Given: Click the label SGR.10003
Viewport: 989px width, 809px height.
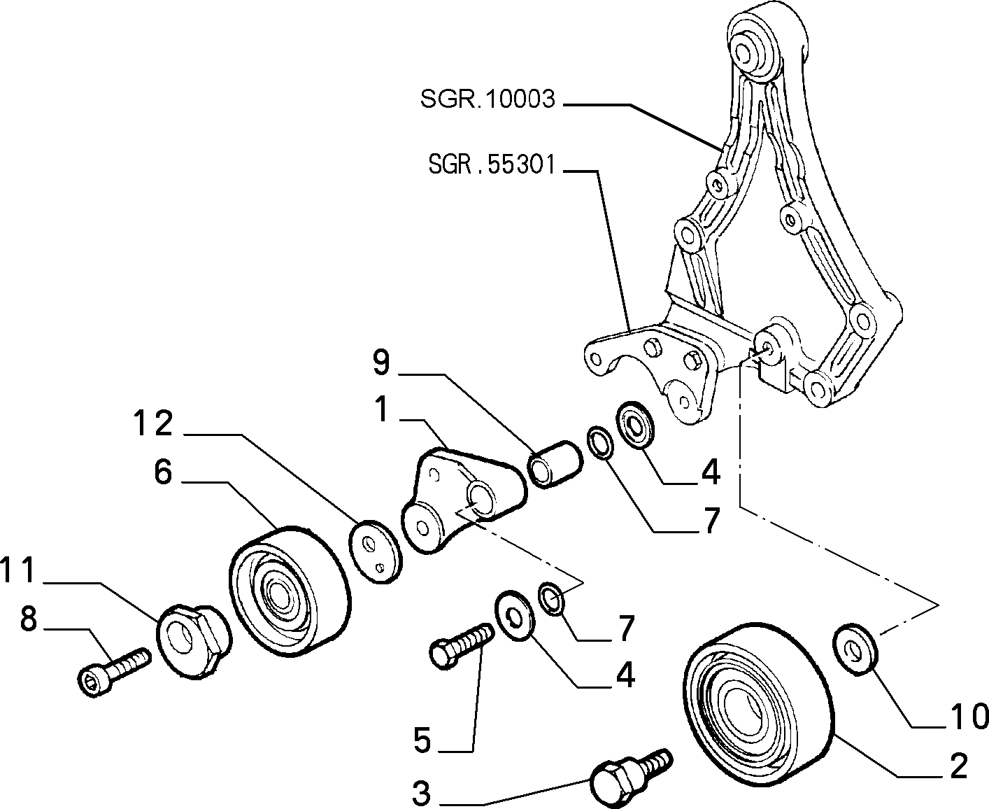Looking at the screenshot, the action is tap(488, 99).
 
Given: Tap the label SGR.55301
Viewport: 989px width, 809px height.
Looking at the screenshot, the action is tap(492, 164).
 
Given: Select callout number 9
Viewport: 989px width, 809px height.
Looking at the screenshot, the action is tap(381, 363).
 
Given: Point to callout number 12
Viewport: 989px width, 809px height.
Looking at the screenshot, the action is tap(153, 423).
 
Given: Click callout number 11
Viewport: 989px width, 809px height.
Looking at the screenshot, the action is tap(17, 570).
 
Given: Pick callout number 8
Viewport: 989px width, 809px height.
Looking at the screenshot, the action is tap(29, 619).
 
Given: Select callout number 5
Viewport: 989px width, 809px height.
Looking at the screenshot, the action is tap(422, 740).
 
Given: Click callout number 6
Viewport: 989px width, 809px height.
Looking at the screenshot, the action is tap(163, 472).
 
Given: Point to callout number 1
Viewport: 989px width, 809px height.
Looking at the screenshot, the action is tap(383, 409).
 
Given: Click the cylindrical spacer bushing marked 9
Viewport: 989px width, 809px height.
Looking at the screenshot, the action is tap(555, 464).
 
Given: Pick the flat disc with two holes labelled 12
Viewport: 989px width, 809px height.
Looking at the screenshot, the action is tap(376, 551).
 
